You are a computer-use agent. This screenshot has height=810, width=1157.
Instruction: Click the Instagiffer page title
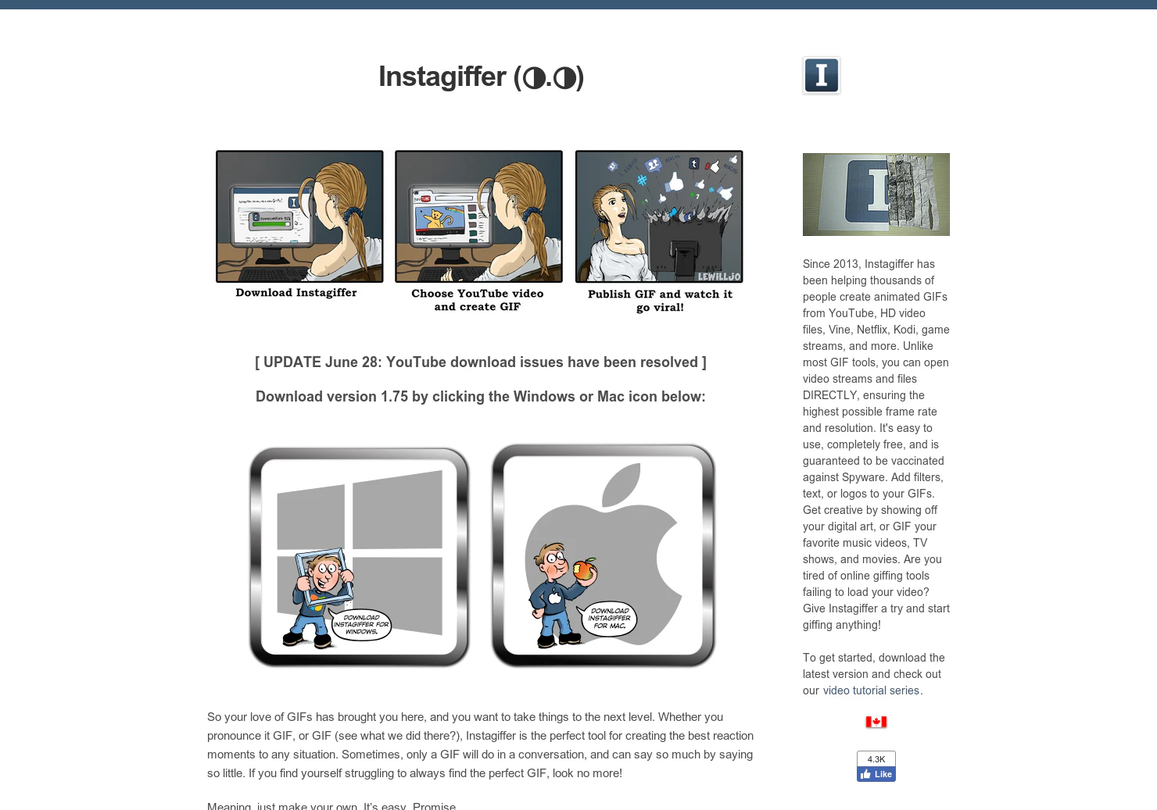pyautogui.click(x=480, y=77)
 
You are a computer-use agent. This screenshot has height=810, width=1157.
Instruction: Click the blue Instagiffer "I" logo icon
pyautogui.click(x=821, y=76)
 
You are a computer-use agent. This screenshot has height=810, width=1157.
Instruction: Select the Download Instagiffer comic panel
pyautogui.click(x=299, y=216)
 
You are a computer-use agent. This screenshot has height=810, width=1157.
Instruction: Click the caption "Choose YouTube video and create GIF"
pyautogui.click(x=477, y=300)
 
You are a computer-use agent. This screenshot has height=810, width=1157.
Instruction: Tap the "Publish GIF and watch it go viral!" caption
pyautogui.click(x=660, y=301)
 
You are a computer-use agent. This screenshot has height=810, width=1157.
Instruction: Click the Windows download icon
pyautogui.click(x=360, y=556)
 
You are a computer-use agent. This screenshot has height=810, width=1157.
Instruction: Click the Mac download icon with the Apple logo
pyautogui.click(x=603, y=555)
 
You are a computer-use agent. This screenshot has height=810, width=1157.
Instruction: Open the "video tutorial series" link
pyautogui.click(x=870, y=690)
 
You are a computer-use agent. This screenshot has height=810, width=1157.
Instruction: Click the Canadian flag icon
pyautogui.click(x=876, y=722)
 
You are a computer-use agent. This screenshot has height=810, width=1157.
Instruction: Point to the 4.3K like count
pyautogui.click(x=876, y=759)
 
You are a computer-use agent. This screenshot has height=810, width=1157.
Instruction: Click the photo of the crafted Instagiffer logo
pyautogui.click(x=876, y=194)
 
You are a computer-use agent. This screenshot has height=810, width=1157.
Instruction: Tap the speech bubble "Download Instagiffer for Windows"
pyautogui.click(x=361, y=625)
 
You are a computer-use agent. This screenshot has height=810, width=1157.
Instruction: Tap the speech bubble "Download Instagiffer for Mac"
pyautogui.click(x=608, y=618)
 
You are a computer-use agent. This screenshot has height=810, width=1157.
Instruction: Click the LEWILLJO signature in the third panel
pyautogui.click(x=718, y=277)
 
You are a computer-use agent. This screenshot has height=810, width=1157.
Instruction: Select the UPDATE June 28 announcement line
pyautogui.click(x=480, y=362)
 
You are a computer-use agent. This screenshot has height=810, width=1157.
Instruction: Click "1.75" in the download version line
pyautogui.click(x=394, y=397)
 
